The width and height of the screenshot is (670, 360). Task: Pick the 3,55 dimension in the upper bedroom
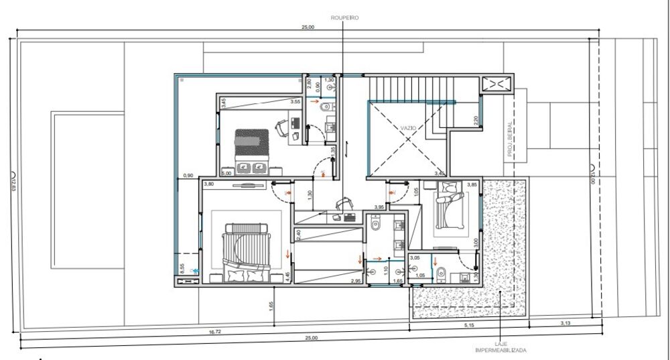[294, 102]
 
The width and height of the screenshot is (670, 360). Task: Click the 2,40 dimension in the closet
[298, 235]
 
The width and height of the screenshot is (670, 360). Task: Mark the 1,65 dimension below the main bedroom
[270, 305]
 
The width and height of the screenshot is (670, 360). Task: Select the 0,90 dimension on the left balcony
[189, 176]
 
